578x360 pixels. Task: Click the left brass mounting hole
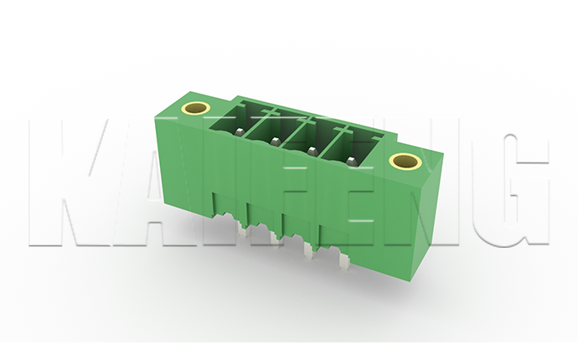196,108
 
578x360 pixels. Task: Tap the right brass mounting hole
405,161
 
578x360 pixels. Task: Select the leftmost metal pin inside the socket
240,131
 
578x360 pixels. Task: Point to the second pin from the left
275,141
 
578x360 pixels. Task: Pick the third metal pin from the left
312,151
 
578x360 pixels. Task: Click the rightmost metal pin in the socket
350,160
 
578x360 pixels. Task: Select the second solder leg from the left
275,239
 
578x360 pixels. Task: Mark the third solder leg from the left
308,248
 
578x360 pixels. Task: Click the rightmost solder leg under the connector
344,260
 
